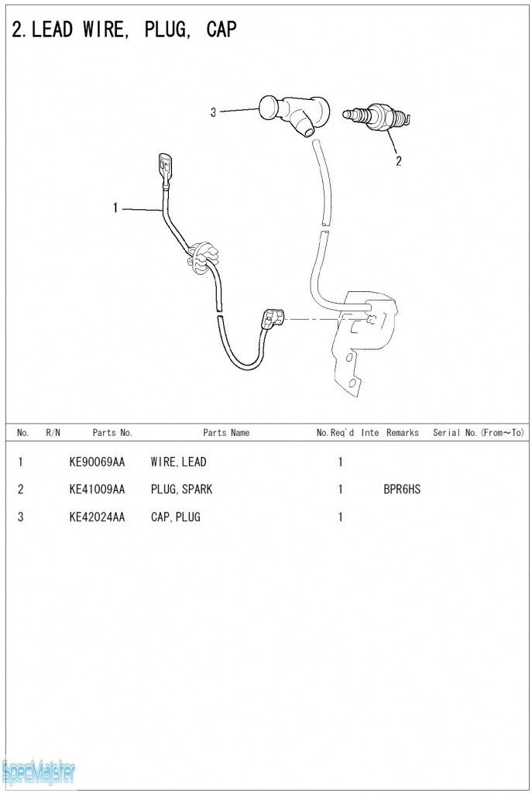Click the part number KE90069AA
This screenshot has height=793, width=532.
[97, 462]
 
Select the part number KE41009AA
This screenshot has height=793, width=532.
[97, 489]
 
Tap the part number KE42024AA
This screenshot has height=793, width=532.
[97, 517]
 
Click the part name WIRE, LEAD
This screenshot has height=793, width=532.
[178, 462]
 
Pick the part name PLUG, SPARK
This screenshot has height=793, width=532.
[181, 489]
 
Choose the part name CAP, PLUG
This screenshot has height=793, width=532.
[175, 517]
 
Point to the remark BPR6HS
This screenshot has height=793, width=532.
[402, 489]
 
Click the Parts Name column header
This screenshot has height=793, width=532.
[226, 433]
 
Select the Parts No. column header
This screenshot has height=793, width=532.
[112, 433]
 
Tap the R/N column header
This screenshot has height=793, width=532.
[53, 433]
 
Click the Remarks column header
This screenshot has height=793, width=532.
[403, 433]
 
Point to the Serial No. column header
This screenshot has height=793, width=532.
[478, 433]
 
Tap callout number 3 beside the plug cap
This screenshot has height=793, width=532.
[213, 112]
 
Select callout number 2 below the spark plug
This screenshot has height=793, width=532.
[398, 161]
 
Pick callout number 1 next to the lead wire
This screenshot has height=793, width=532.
[115, 208]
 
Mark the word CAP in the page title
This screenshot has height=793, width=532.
[221, 29]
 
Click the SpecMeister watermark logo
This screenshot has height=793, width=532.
[39, 771]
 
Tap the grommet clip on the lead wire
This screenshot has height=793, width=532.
[203, 255]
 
